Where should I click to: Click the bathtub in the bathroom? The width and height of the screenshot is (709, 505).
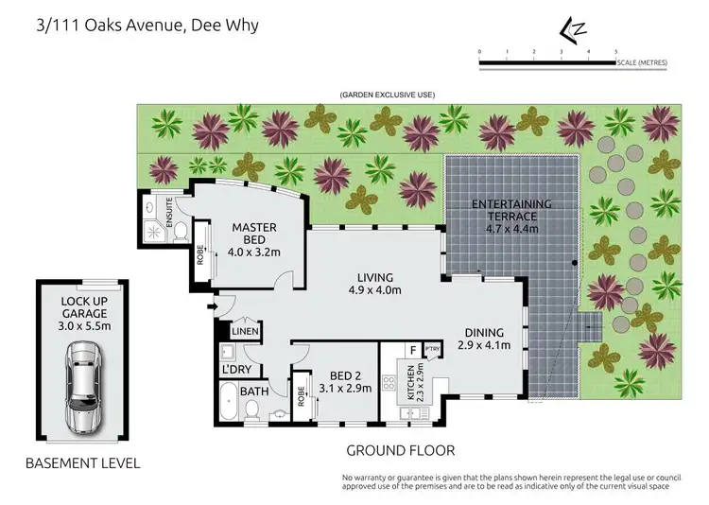pos(230,403)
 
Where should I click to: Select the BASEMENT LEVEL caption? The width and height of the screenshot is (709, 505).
pos(83,463)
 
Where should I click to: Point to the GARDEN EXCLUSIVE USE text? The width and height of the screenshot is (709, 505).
pos(387,96)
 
